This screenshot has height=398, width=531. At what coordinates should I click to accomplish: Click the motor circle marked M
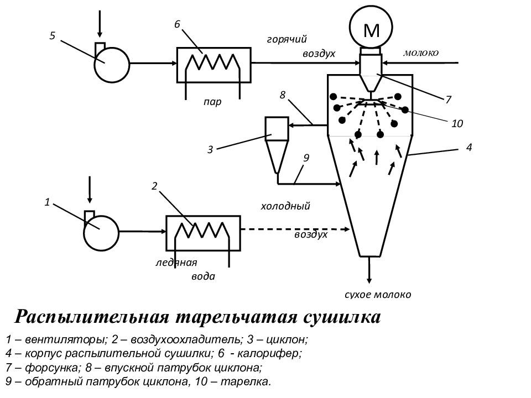[x=371, y=27]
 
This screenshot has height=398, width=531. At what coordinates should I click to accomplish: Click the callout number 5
[x=52, y=36]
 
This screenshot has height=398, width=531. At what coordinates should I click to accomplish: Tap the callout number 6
[x=178, y=24]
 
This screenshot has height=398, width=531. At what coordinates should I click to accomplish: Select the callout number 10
[x=457, y=123]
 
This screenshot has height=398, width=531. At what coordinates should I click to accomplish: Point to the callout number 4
[x=469, y=148]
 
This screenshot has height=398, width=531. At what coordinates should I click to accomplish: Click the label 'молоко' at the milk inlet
[x=421, y=53]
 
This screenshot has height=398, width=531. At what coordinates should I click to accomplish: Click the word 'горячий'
[x=287, y=40]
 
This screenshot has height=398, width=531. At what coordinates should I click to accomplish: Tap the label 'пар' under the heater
[x=212, y=102]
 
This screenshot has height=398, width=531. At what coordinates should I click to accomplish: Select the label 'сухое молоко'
[x=378, y=295]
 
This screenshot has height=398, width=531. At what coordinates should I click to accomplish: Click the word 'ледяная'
[x=176, y=263]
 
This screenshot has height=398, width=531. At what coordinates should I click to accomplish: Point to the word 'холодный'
[x=285, y=206]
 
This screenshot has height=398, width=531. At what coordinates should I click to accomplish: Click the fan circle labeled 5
[x=112, y=65]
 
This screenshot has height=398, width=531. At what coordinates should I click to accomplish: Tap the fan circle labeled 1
[x=101, y=233]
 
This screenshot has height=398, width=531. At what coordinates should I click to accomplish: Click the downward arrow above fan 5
[x=100, y=24]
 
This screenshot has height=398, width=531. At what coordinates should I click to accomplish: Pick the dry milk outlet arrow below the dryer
[x=369, y=270]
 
